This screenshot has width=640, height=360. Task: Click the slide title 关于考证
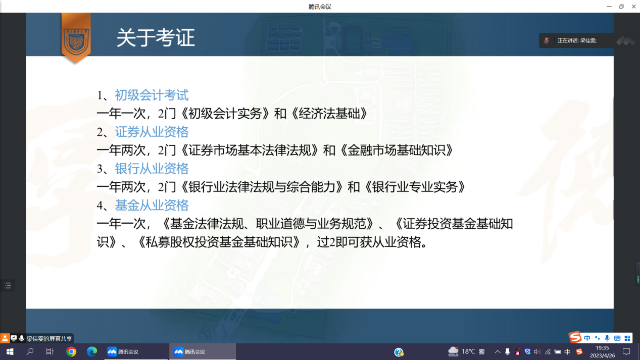click(x=156, y=37)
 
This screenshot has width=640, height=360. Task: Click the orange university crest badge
click(x=76, y=38)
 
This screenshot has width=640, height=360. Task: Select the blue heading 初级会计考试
click(x=152, y=95)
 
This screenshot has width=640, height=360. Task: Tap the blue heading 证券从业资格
click(x=152, y=132)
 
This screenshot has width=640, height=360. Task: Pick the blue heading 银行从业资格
click(x=152, y=169)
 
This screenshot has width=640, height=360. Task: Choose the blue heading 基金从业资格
click(x=152, y=205)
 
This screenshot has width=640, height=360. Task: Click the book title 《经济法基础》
click(x=329, y=114)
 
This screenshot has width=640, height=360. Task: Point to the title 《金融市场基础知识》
click(x=397, y=150)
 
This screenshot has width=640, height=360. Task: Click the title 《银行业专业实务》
click(x=415, y=187)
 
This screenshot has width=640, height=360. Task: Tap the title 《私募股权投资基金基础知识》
click(x=219, y=242)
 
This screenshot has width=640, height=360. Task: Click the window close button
click(x=633, y=7)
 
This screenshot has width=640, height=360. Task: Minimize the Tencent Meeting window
click(x=609, y=7)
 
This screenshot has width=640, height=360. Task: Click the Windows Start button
click(x=10, y=352)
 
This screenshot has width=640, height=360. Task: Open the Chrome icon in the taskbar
click(x=71, y=352)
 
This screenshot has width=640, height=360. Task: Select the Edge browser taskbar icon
click(x=92, y=352)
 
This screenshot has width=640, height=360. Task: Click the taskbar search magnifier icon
click(x=30, y=352)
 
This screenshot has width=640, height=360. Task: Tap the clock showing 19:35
click(x=602, y=348)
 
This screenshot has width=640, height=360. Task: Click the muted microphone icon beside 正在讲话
click(x=547, y=40)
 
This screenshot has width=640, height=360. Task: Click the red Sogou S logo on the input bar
click(x=574, y=338)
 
